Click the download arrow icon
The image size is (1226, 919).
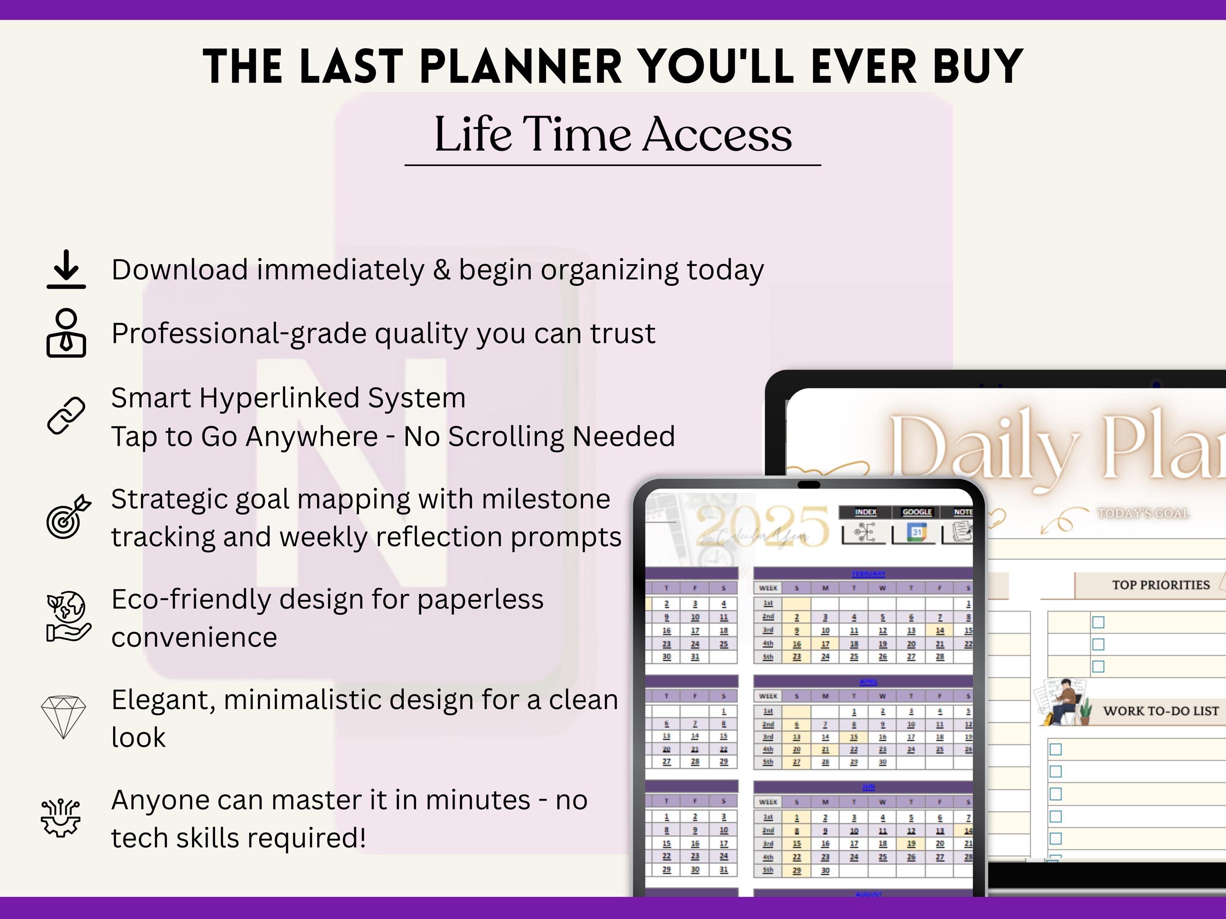point(66,269)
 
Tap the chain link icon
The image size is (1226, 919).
point(66,415)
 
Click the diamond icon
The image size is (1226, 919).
point(64,717)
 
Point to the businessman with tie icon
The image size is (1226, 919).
point(66,333)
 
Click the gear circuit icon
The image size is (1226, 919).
point(61,818)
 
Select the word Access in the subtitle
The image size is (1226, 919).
point(717,135)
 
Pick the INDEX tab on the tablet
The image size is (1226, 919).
point(865,512)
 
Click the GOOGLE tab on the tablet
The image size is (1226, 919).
point(917,512)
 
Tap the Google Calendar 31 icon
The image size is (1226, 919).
point(917,533)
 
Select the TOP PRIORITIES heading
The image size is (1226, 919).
point(1161,585)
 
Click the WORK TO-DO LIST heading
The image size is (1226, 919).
point(1161,711)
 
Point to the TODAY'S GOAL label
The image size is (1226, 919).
point(1143,513)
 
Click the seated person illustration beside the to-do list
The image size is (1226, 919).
point(1063,703)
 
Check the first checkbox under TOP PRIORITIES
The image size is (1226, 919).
point(1098,622)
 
